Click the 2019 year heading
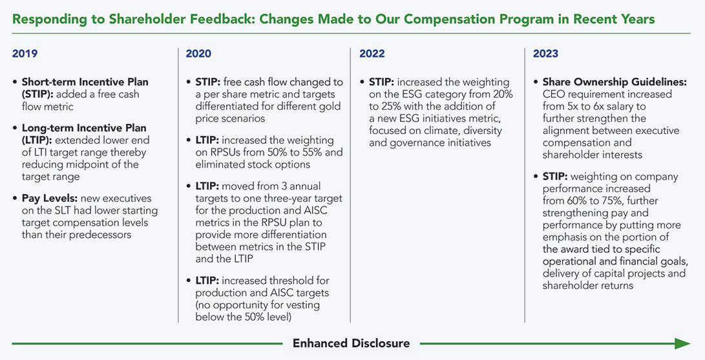(25, 54)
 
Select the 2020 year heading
(198, 54)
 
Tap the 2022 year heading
(372, 54)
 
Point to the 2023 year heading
(546, 54)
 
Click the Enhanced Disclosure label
(352, 343)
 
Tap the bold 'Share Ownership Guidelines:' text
(615, 83)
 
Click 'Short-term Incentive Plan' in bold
(85, 83)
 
